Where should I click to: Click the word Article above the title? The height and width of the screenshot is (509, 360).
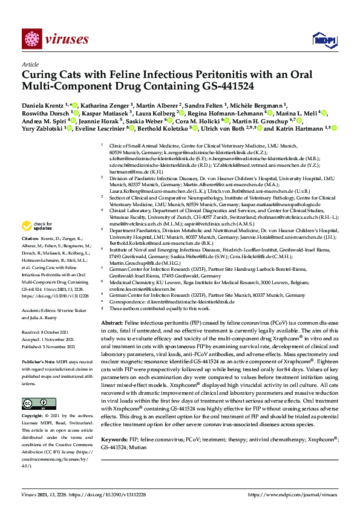(x=30, y=64)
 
